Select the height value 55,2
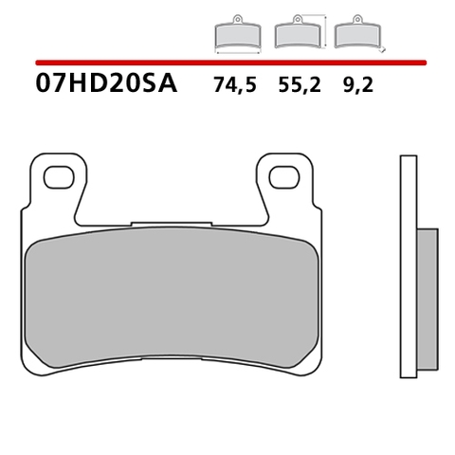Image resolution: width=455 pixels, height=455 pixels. [298, 87]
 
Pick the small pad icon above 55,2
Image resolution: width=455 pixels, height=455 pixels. [295, 35]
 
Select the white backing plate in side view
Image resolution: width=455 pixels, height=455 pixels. [408, 265]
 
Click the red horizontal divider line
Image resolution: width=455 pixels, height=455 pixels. [227, 62]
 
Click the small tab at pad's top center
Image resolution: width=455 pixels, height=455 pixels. [172, 225]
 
